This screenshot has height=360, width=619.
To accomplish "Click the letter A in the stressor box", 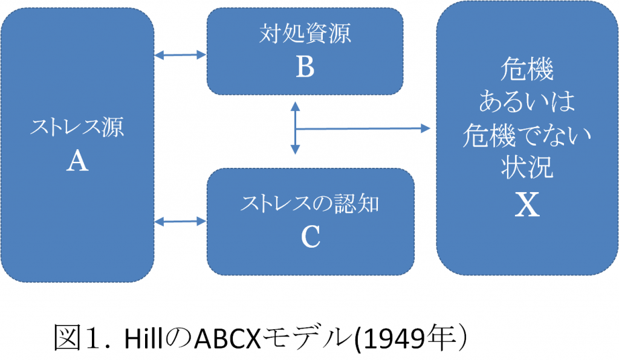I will click(77, 161).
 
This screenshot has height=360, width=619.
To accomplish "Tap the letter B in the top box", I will click(305, 68).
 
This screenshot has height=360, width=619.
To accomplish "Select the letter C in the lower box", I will click(310, 238).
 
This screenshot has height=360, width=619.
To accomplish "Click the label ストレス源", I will click(77, 129).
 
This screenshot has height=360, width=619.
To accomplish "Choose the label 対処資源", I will click(305, 34).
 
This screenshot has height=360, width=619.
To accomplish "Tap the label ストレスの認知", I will click(310, 204).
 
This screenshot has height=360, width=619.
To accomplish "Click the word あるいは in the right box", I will click(527, 103).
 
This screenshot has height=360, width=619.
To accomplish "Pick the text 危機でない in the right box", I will click(527, 137).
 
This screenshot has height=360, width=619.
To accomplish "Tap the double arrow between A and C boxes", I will click(181, 222).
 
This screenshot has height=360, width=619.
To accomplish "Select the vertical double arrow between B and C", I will click(295, 127).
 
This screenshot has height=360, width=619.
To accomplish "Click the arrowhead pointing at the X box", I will click(426, 128).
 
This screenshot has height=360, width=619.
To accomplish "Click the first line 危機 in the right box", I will click(527, 71).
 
